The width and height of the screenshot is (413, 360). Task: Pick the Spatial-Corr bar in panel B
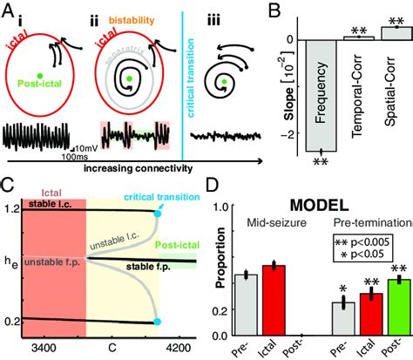pyautogui.click(x=396, y=32)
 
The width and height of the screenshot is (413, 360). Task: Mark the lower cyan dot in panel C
pyautogui.click(x=157, y=323)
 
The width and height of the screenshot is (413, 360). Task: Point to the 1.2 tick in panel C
pyautogui.click(x=11, y=209)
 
